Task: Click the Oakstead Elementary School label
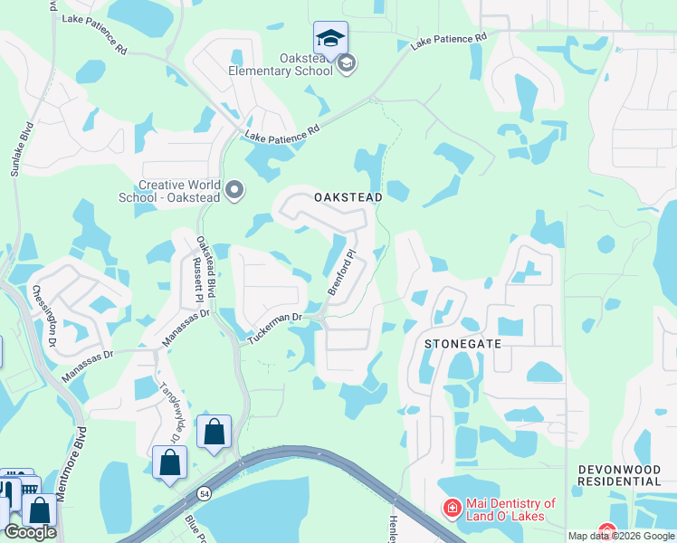pos(280,63)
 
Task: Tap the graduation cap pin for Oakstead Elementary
pos(330,38)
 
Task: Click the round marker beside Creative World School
pos(235,190)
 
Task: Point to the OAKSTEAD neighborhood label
pos(348,196)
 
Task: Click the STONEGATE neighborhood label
pos(463,344)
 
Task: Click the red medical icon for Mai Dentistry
pos(451,509)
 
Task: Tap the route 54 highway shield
pos(205,492)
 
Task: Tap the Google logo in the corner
pos(30,532)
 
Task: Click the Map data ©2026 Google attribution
pos(621,536)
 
